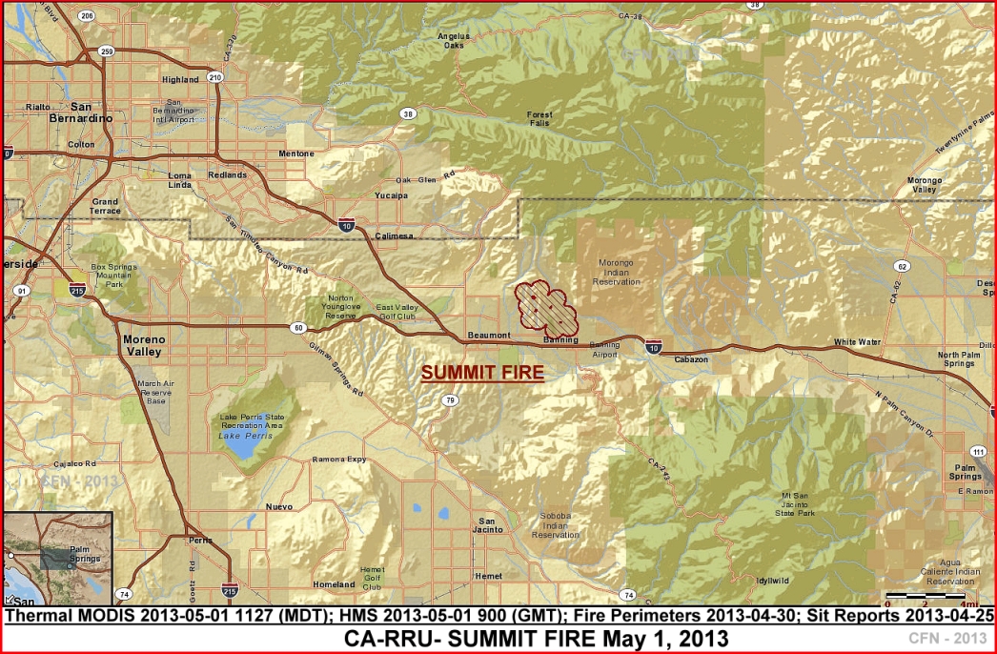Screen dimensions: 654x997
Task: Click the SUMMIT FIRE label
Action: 482,373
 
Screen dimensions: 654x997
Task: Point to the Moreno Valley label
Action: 144,345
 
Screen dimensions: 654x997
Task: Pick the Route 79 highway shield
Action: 449,400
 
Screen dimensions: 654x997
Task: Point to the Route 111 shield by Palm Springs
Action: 978,451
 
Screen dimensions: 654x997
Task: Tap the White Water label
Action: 857,341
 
